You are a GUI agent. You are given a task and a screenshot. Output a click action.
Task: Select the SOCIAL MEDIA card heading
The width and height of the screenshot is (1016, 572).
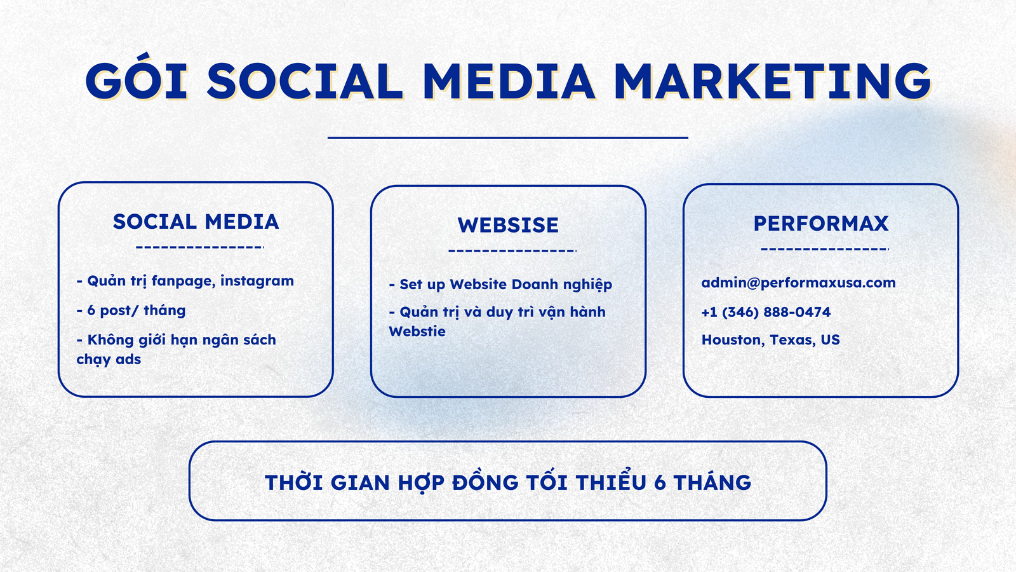click(x=196, y=222)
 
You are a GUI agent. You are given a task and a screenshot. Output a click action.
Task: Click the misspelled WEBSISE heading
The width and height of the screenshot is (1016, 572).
click(x=508, y=225)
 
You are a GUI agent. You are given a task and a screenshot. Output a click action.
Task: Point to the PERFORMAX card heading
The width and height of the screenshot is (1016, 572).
click(x=821, y=223)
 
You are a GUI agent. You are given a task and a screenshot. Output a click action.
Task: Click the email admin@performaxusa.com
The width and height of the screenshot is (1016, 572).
click(x=798, y=283)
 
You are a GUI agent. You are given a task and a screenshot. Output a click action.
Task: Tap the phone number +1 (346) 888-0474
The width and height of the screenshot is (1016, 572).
click(x=766, y=312)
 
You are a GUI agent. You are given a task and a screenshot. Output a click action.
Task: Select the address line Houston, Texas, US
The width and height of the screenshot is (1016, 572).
click(x=771, y=340)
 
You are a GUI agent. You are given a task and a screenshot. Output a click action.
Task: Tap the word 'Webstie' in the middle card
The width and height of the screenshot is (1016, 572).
click(x=417, y=332)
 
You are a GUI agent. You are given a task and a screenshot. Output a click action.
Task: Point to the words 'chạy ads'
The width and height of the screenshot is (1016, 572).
click(x=109, y=360)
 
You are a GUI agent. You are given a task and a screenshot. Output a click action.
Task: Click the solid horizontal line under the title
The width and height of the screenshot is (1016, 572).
click(x=508, y=137)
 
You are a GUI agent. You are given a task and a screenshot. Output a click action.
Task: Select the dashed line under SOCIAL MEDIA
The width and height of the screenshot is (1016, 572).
click(x=200, y=247)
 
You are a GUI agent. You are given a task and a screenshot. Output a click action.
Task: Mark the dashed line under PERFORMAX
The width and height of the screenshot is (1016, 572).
click(x=825, y=249)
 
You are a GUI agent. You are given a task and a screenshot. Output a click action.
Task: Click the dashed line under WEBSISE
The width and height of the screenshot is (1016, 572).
click(x=512, y=250)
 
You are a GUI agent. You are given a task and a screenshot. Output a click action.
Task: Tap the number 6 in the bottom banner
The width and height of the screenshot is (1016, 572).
click(x=660, y=483)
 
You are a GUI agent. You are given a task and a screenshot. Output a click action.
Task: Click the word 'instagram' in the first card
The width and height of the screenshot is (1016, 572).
click(x=257, y=282)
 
